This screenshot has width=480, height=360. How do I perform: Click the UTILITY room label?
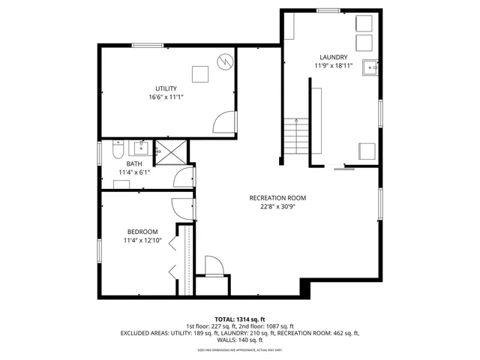[166, 88]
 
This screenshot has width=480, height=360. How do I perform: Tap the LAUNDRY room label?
[333, 57]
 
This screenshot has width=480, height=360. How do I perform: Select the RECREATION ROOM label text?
[278, 198]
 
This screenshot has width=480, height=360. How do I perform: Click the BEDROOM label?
[142, 231]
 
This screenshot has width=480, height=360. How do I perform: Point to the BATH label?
[134, 163]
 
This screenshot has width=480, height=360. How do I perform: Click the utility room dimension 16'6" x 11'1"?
[166, 97]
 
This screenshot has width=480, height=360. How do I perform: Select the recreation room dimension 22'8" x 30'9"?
[278, 207]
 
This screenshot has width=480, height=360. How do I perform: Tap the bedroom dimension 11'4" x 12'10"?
[142, 240]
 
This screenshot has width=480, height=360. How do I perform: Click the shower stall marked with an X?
[170, 152]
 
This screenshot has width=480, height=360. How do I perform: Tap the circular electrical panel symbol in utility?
[224, 61]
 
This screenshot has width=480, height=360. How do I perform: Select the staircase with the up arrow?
[297, 136]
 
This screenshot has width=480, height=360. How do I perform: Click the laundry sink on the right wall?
[370, 68]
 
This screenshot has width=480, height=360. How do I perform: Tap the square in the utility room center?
[199, 73]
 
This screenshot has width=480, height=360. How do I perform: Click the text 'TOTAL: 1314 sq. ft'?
[239, 319]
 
